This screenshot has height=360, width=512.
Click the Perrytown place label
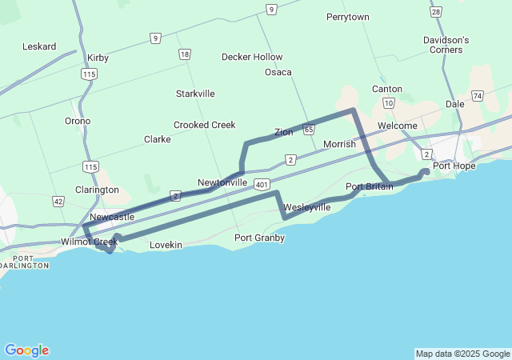[348, 17]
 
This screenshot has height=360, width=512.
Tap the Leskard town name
[39, 46]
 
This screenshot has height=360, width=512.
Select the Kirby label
[98, 58]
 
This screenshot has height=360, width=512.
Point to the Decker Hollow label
[252, 57]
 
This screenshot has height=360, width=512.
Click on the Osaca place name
[278, 72]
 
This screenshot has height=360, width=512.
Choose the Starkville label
[195, 94]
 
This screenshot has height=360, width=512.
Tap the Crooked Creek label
[204, 125]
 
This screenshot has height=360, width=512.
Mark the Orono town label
[78, 121]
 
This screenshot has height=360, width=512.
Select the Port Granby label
[259, 238]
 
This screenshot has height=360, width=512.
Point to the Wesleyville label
[306, 207]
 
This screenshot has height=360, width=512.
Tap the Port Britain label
[369, 186]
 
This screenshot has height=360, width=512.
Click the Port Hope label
[454, 166]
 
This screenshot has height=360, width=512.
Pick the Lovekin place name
[166, 244]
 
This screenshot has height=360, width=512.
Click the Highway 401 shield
[263, 185]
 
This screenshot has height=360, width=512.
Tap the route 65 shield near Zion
[309, 129]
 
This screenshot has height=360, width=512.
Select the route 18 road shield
[185, 54]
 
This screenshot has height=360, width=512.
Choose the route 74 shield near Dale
[478, 96]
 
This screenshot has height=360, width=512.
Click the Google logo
[26, 350]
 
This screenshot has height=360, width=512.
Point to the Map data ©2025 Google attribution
[462, 354]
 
